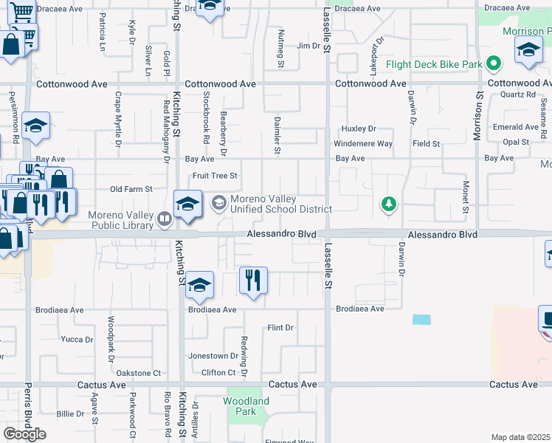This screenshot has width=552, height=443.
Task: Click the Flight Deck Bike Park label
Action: [438, 64]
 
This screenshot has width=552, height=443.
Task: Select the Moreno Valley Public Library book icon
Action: [165, 218]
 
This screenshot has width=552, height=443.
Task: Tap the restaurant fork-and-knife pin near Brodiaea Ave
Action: [253, 281]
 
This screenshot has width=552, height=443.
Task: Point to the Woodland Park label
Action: [247, 406]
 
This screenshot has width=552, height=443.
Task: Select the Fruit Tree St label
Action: [215, 176]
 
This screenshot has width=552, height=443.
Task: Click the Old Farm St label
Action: [131, 189]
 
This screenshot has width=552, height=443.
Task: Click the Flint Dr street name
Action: [280, 327]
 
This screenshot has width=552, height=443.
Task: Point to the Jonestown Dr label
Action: [213, 356]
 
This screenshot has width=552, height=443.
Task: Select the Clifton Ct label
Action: [218, 373]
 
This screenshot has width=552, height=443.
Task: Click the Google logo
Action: [24, 433]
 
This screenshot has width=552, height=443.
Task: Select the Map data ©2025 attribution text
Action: [521, 437]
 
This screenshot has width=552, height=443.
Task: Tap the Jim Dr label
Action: [308, 46]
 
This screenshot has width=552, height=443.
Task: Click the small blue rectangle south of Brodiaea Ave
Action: [421, 320]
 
